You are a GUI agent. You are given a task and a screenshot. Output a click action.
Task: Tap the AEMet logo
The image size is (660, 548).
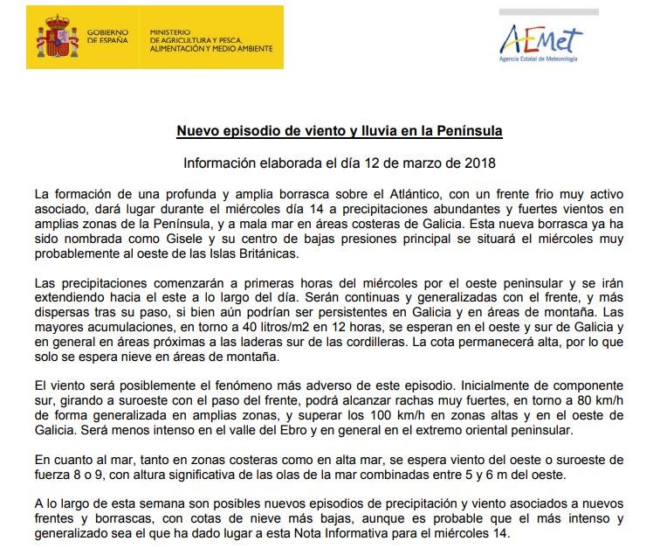[540, 38]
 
